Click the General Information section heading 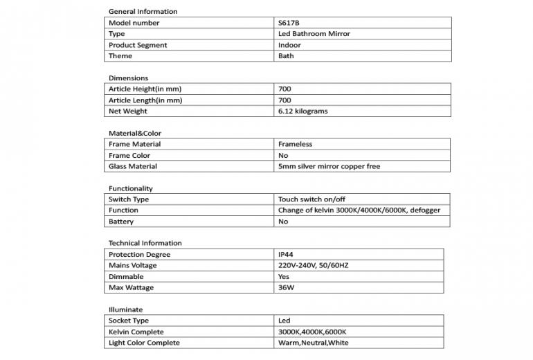click(x=143, y=12)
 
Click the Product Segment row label click(x=138, y=45)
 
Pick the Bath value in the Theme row click(x=286, y=56)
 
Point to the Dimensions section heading click(x=128, y=78)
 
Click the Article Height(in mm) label click(x=145, y=89)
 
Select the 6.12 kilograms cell click(x=302, y=111)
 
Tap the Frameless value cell click(x=295, y=144)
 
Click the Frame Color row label click(x=129, y=155)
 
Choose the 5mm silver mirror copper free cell click(x=329, y=166)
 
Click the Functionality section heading click(x=131, y=188)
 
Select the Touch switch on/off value click(x=311, y=199)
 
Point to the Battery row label click(x=121, y=222)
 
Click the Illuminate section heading click(x=126, y=309)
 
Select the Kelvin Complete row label click(x=136, y=332)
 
